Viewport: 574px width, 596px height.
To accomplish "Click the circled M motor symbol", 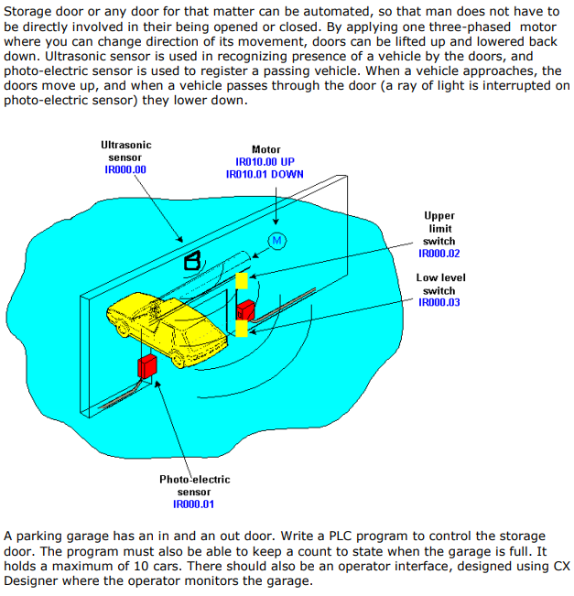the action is click(276, 241).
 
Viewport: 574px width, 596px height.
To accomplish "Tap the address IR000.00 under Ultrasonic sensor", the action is click(125, 169).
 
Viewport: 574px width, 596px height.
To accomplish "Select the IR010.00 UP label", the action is click(265, 161).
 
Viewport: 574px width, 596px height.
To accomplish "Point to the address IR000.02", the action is click(439, 253).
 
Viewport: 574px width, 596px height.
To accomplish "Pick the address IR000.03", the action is click(439, 302).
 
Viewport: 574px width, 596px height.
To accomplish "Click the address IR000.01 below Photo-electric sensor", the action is click(194, 504).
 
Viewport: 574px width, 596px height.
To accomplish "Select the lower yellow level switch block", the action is click(242, 328).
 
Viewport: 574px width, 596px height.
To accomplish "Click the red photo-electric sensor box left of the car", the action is click(147, 367).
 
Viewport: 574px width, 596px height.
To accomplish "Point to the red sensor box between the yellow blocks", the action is click(246, 308).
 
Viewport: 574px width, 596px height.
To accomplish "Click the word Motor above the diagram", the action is click(265, 148).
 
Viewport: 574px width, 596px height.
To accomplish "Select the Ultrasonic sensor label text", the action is click(125, 151).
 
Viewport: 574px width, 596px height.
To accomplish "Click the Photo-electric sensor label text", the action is click(194, 485).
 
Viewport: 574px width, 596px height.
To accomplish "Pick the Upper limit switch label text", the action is click(439, 228).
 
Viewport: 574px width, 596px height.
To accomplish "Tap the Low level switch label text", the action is click(439, 284).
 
